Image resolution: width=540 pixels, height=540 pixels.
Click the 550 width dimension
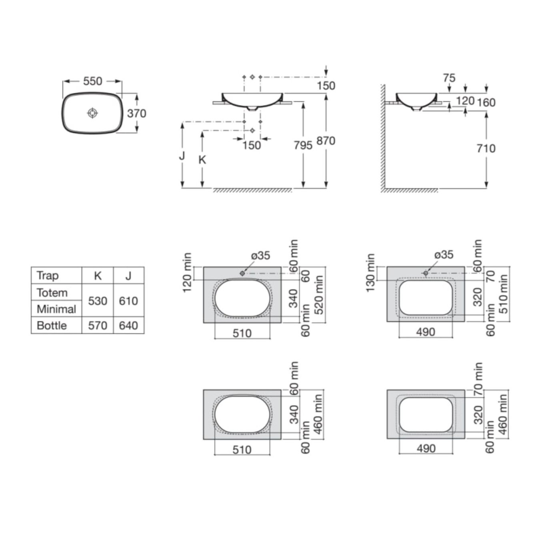click(x=92, y=81)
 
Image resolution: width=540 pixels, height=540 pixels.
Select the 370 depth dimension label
click(x=136, y=114)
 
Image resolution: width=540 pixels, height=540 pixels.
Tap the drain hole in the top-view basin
click(x=92, y=113)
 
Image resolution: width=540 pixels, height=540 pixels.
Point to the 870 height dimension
click(x=326, y=141)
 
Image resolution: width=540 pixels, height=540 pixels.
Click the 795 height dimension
click(x=303, y=145)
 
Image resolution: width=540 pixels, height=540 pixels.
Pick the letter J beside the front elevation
click(x=182, y=155)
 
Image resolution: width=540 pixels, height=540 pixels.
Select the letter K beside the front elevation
click(x=202, y=160)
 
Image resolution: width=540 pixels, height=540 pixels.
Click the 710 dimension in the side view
click(x=486, y=148)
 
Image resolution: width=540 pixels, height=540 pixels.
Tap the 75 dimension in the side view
click(x=449, y=78)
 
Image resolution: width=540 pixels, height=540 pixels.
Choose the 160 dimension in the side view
click(x=486, y=103)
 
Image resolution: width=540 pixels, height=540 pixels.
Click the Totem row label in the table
click(x=52, y=293)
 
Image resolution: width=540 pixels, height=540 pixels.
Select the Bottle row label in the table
click(x=52, y=326)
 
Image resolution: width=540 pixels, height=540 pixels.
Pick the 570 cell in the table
click(x=98, y=326)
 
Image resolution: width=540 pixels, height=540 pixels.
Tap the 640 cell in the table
click(x=128, y=326)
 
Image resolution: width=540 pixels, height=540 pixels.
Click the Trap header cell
click(x=48, y=276)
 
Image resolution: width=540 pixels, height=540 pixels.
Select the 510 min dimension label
click(x=503, y=294)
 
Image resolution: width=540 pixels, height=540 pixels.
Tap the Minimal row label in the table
click(x=56, y=309)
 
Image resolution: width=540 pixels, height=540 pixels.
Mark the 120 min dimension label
click(x=187, y=272)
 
